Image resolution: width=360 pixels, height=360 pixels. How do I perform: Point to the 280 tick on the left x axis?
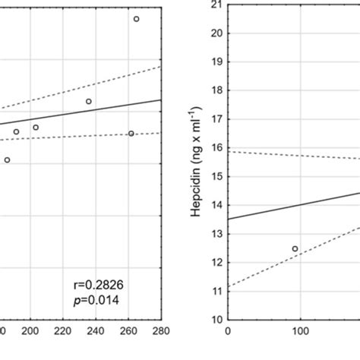pos(161,331)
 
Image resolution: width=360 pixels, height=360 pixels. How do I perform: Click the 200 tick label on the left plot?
pos(30,331)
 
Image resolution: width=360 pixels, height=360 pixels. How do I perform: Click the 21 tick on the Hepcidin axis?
pos(216,5)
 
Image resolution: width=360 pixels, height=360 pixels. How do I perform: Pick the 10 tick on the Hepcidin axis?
pos(216,319)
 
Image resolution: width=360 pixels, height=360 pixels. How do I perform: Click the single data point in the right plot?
pos(295,248)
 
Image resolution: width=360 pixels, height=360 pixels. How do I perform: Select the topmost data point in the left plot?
pos(137,19)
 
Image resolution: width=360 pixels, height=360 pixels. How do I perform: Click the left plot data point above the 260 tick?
pos(131,133)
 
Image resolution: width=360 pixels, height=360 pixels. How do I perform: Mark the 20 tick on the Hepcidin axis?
pos(216,33)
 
